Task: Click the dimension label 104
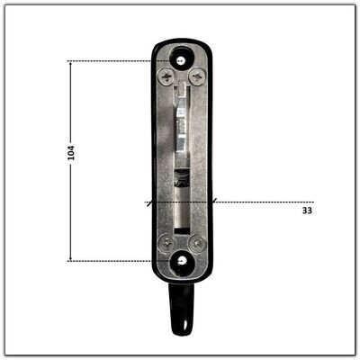click(71, 153)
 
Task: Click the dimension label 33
click(307, 211)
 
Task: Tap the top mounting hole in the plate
click(181, 61)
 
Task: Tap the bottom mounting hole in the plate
click(181, 261)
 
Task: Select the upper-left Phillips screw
click(166, 77)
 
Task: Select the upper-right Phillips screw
click(197, 77)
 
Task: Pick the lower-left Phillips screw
click(166, 243)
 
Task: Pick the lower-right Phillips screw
click(197, 244)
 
